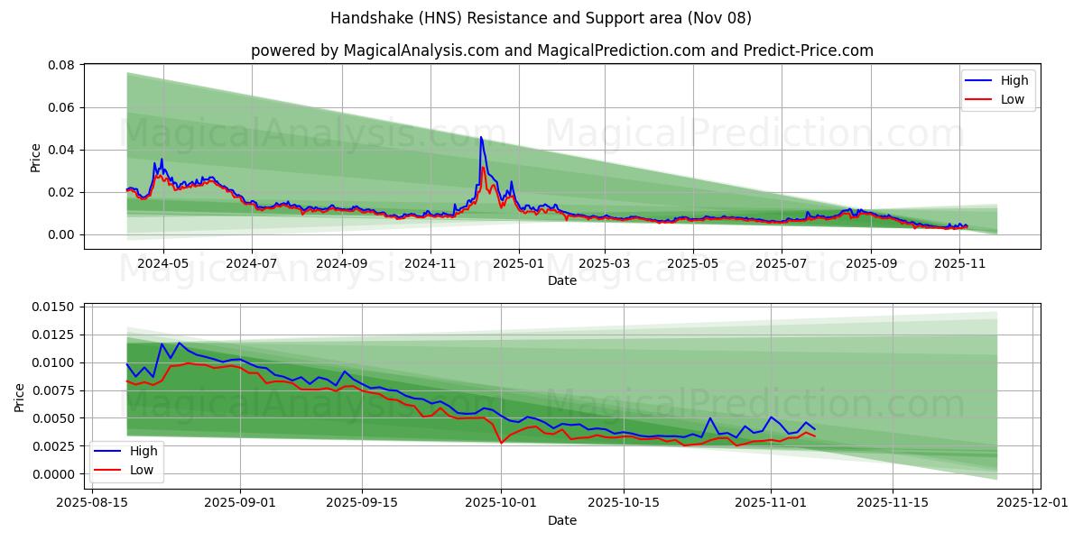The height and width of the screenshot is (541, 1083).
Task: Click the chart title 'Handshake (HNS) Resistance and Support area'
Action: [x=541, y=18]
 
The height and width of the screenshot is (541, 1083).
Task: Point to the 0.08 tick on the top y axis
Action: [x=60, y=65]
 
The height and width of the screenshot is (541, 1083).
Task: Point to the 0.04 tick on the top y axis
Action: [x=60, y=150]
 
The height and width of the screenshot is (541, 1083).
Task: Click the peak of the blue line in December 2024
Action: [x=481, y=137]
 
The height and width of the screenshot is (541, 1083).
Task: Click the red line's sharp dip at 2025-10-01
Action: [x=501, y=443]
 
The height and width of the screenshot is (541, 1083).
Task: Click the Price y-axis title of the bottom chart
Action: [x=20, y=396]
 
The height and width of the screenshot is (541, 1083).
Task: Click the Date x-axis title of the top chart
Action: [x=561, y=280]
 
